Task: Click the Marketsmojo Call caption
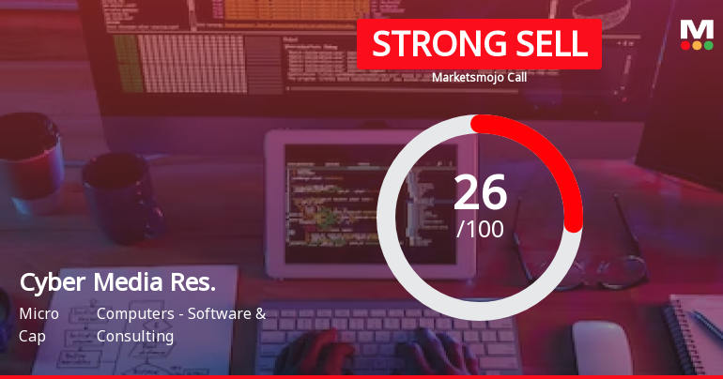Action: (x=479, y=78)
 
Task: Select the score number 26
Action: (x=480, y=192)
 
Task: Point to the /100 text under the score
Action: (x=480, y=228)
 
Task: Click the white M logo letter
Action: (x=696, y=29)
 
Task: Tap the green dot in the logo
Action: (x=708, y=45)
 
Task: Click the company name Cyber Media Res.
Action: (x=117, y=281)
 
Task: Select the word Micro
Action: (x=38, y=313)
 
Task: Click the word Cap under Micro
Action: (x=32, y=335)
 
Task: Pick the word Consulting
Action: (x=135, y=335)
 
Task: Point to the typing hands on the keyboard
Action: (x=376, y=352)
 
